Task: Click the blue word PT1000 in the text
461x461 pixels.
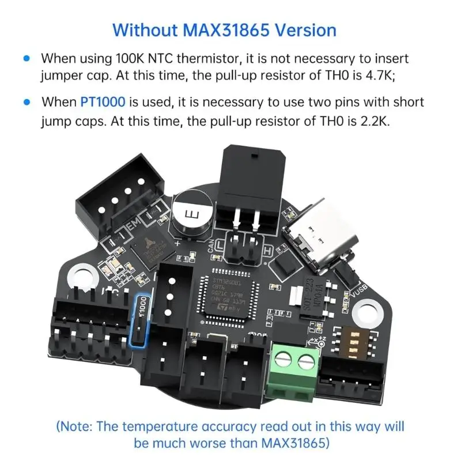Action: [103, 103]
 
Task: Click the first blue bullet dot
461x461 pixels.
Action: [25, 59]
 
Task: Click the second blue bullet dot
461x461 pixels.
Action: [25, 103]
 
